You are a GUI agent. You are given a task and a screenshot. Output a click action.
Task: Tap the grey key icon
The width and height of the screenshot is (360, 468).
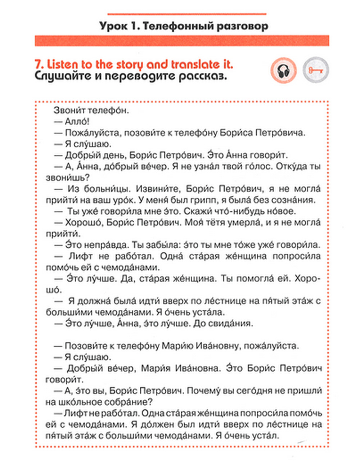(x=316, y=70)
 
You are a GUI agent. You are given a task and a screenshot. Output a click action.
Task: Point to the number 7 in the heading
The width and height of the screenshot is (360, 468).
(x=39, y=64)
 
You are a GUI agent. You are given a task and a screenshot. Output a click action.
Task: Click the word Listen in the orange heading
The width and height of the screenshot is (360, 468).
(x=63, y=64)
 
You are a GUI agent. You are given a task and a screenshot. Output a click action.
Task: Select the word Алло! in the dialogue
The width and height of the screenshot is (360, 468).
(x=77, y=122)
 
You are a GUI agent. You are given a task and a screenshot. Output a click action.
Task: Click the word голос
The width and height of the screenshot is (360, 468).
(x=247, y=166)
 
